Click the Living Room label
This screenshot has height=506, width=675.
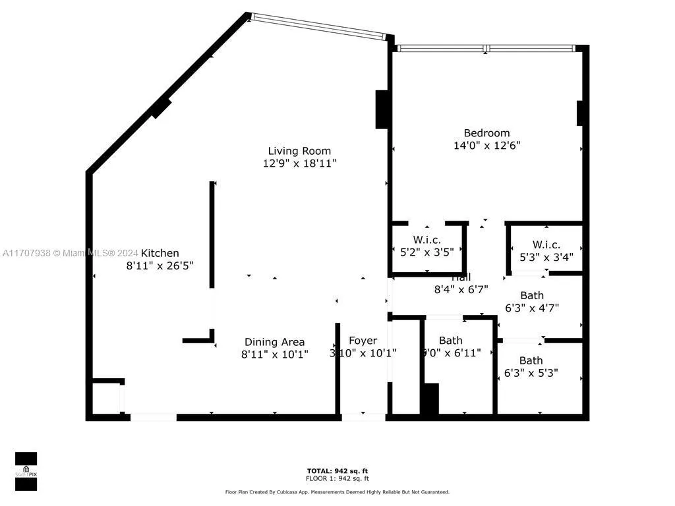(x=299, y=151)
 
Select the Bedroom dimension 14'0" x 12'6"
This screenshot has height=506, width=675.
(x=486, y=146)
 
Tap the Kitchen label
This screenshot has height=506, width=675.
(x=160, y=253)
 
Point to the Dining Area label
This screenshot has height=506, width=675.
(x=274, y=342)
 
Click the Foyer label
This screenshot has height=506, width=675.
(x=363, y=341)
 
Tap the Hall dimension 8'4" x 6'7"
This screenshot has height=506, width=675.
(x=460, y=289)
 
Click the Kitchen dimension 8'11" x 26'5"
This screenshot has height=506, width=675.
(x=160, y=266)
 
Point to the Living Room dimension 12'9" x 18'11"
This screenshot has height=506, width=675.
(x=299, y=163)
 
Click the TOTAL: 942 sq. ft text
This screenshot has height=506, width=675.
(x=337, y=470)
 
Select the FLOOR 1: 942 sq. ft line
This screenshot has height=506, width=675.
(x=337, y=478)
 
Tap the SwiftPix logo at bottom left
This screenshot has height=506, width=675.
(x=26, y=472)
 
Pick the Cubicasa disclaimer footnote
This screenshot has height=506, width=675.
(x=337, y=492)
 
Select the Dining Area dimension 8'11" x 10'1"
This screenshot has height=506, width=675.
(x=274, y=354)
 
